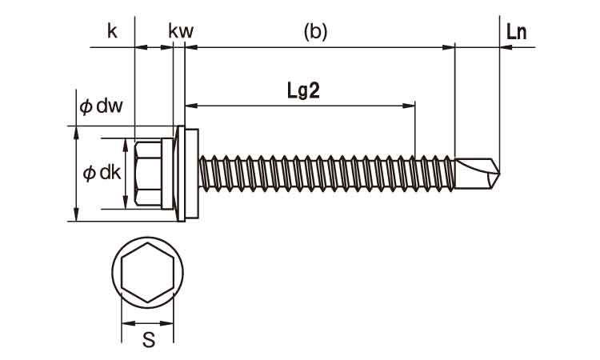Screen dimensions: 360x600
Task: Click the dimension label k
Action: coord(112,31)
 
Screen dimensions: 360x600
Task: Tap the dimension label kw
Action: coord(181,31)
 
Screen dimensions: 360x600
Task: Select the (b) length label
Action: coord(315,31)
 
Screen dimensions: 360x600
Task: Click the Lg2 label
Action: coord(303,90)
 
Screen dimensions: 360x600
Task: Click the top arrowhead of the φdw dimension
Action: coord(76,130)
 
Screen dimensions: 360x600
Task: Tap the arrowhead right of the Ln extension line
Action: coord(506,48)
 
